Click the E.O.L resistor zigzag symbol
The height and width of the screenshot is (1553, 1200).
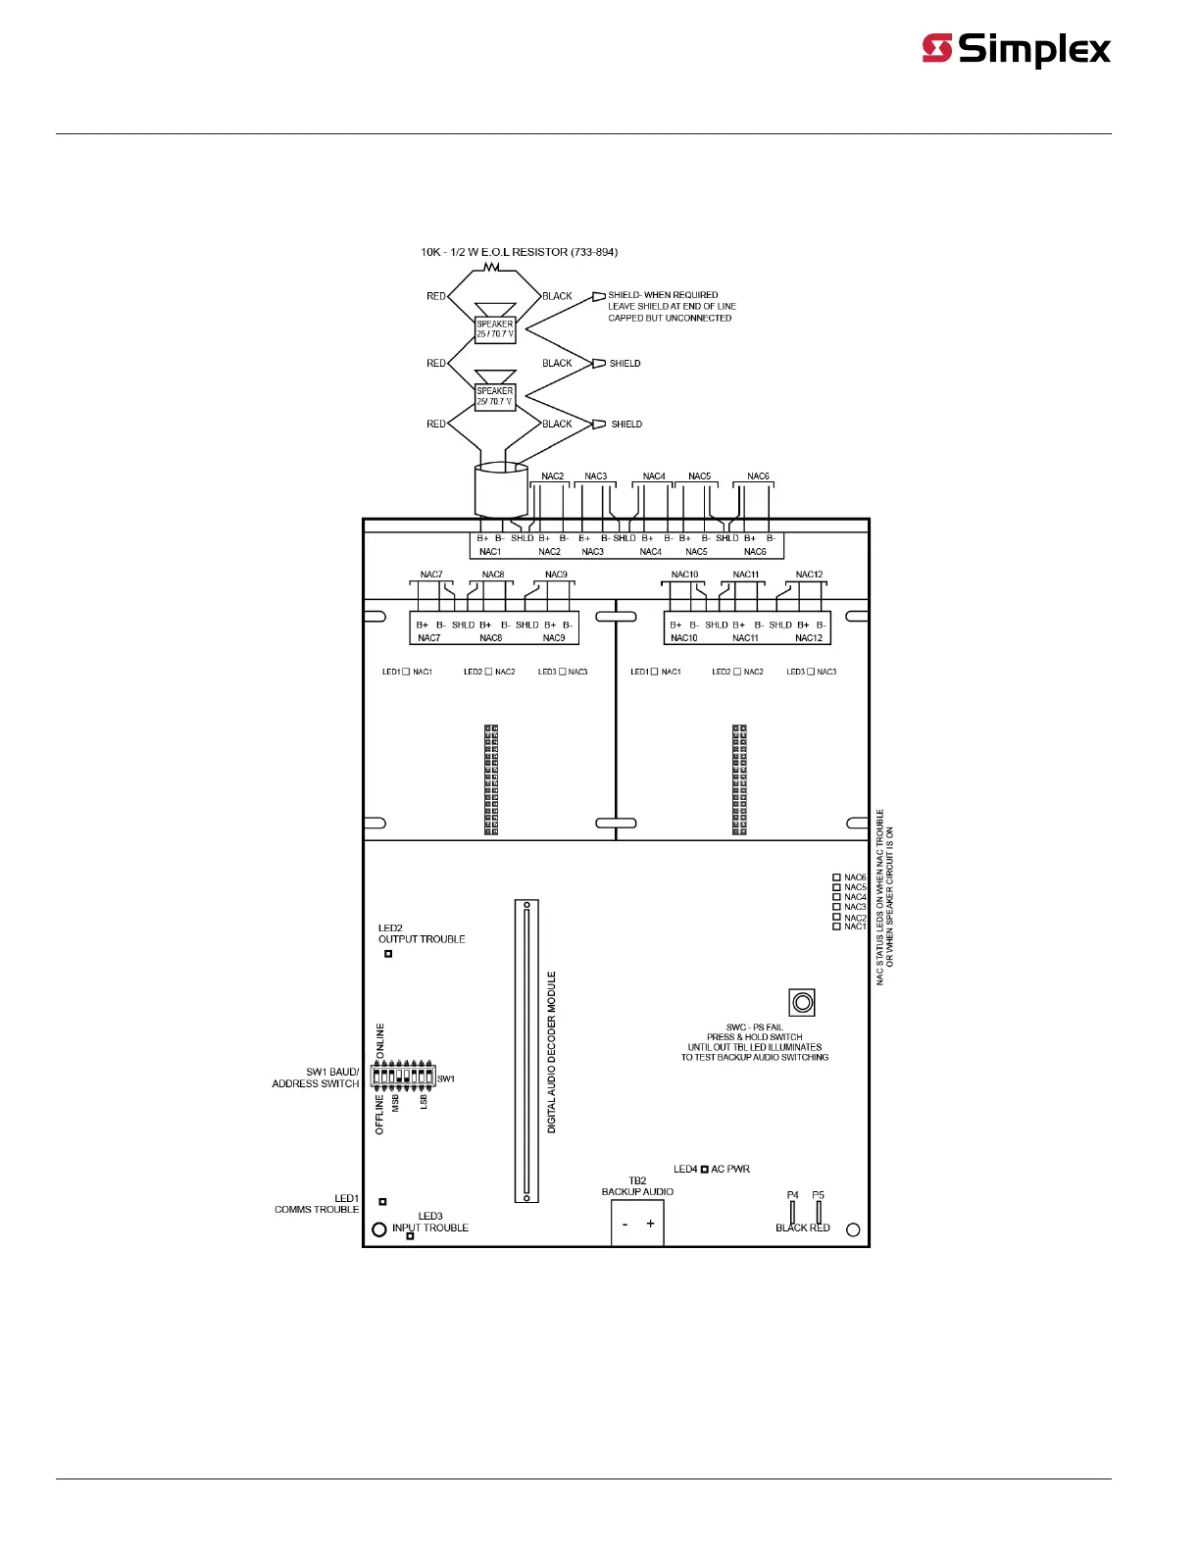click(x=493, y=267)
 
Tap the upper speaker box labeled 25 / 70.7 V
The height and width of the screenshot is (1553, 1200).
click(x=495, y=328)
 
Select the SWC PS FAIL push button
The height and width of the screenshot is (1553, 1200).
click(x=802, y=1002)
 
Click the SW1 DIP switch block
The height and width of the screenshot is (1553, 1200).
click(x=403, y=1076)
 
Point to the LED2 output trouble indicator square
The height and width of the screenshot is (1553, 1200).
click(x=388, y=953)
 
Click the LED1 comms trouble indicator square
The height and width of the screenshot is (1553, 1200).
click(x=382, y=1201)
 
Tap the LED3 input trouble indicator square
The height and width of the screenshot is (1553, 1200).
click(x=410, y=1236)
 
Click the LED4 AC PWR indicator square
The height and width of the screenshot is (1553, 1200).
click(x=705, y=1170)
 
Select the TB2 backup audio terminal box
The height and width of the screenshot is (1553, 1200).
click(x=637, y=1224)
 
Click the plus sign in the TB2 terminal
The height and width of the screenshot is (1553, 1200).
click(x=650, y=1224)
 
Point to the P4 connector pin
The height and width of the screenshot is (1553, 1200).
click(x=792, y=1212)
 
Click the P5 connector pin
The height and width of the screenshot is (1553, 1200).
click(x=819, y=1212)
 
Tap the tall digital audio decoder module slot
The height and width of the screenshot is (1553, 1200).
click(x=526, y=1051)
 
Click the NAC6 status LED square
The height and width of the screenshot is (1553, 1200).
click(x=836, y=877)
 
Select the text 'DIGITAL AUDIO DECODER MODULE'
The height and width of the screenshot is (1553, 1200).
click(x=552, y=1052)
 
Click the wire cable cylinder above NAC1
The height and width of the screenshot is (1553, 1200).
click(x=501, y=490)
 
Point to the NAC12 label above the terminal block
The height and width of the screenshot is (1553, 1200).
click(x=809, y=575)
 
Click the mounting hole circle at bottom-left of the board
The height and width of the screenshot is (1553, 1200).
click(x=379, y=1229)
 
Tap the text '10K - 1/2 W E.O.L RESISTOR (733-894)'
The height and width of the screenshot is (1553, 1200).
click(x=519, y=252)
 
